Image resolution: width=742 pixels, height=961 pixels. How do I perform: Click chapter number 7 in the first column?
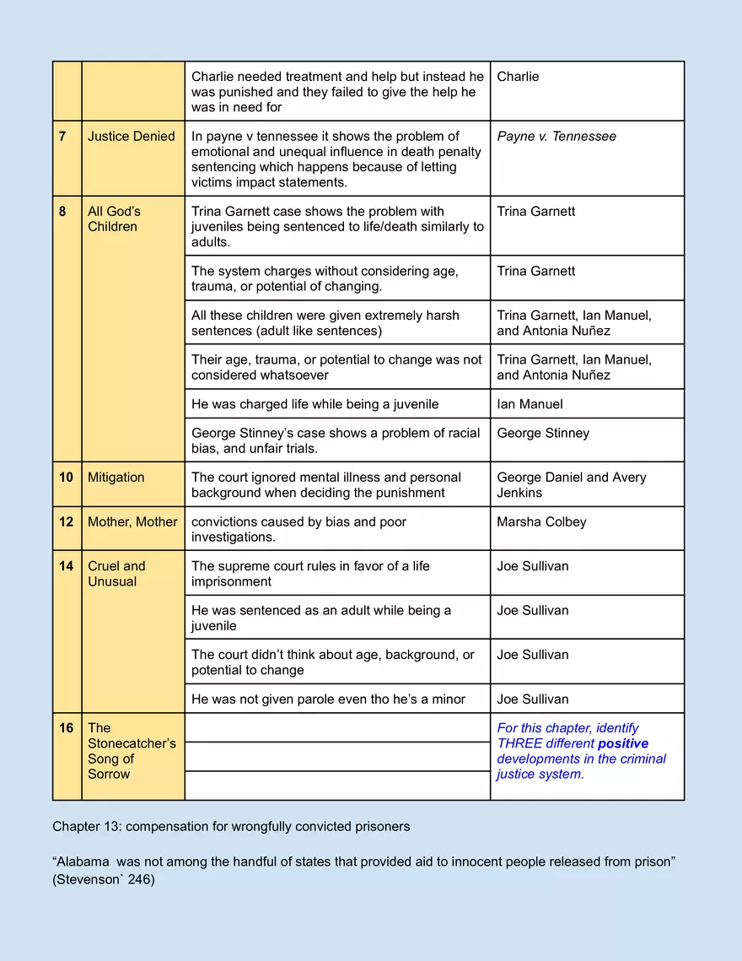tap(63, 137)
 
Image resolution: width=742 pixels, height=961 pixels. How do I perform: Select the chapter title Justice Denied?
tap(132, 137)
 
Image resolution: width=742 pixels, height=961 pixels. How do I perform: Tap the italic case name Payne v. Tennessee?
tap(556, 137)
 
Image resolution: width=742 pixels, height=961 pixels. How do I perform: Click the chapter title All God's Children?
tap(114, 219)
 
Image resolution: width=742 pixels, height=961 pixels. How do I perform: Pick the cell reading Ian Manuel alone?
tap(530, 404)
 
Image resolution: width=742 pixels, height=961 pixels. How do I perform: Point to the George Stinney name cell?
tap(543, 433)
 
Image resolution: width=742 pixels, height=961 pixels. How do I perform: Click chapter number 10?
tap(66, 478)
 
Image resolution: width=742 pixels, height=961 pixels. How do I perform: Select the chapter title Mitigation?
tap(116, 478)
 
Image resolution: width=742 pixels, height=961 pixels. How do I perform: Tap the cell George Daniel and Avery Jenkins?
tap(571, 485)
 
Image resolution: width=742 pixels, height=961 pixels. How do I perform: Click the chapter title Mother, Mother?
tap(132, 522)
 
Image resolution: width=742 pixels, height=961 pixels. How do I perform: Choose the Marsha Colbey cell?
tap(542, 522)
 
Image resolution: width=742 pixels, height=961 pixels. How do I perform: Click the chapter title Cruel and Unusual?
tap(116, 574)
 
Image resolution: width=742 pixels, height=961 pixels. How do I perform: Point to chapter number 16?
tap(66, 728)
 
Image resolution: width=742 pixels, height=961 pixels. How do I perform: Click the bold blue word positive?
tap(622, 743)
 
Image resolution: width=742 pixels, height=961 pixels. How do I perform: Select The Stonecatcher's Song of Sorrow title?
tap(132, 751)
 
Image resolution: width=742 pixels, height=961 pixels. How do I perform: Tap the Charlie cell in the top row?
tap(518, 77)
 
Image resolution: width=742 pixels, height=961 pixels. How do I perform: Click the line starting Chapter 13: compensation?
tap(231, 827)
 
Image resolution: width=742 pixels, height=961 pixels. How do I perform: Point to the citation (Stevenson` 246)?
tap(104, 879)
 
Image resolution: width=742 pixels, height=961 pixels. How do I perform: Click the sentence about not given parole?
tap(328, 699)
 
